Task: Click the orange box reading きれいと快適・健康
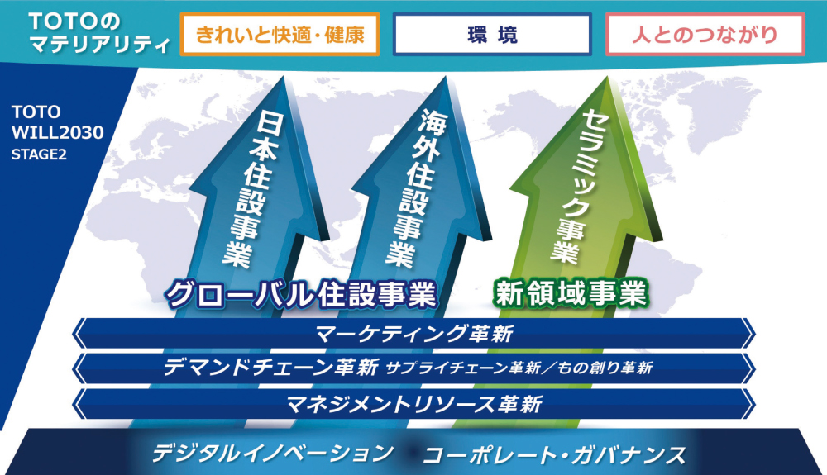pos(280,34)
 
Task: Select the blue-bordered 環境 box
pos(492,34)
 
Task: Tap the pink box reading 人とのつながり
pos(705,34)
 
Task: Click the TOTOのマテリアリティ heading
pos(99,33)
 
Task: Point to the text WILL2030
pos(58,133)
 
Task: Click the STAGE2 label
pos(39,154)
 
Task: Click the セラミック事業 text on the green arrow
pos(577,185)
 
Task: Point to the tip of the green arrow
pos(607,77)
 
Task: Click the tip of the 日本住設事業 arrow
pos(284,77)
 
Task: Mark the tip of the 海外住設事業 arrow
pos(447,77)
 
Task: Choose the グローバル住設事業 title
pos(301,294)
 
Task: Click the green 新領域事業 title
pos(570,292)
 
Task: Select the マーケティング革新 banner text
pos(414,334)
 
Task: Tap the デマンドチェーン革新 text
pos(270,367)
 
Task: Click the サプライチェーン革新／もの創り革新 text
pos(519,368)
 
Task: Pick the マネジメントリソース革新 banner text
pos(414,405)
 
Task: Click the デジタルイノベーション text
pos(273,453)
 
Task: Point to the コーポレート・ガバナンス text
pos(554,455)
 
